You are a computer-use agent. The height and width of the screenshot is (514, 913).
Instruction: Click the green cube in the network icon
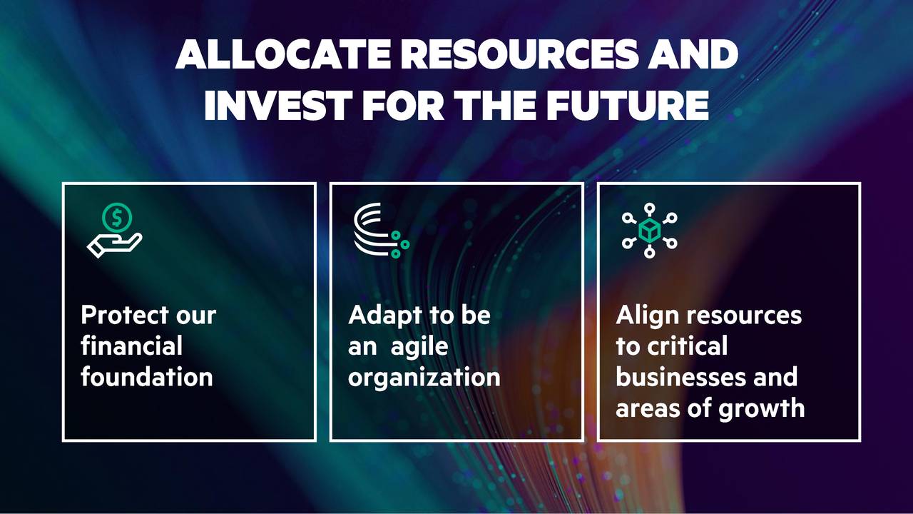click(649, 231)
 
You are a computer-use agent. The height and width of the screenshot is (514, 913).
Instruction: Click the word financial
click(131, 346)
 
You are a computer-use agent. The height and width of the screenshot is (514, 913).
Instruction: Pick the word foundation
click(146, 377)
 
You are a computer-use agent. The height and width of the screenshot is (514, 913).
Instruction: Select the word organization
click(424, 377)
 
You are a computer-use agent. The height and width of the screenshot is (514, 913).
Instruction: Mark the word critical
click(687, 346)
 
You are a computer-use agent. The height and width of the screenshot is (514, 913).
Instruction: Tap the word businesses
click(678, 377)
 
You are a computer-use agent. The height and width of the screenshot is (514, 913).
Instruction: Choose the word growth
click(765, 408)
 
